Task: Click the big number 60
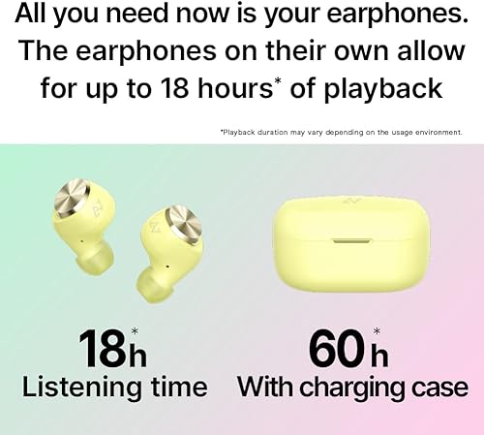342,347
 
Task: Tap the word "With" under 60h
266,388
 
